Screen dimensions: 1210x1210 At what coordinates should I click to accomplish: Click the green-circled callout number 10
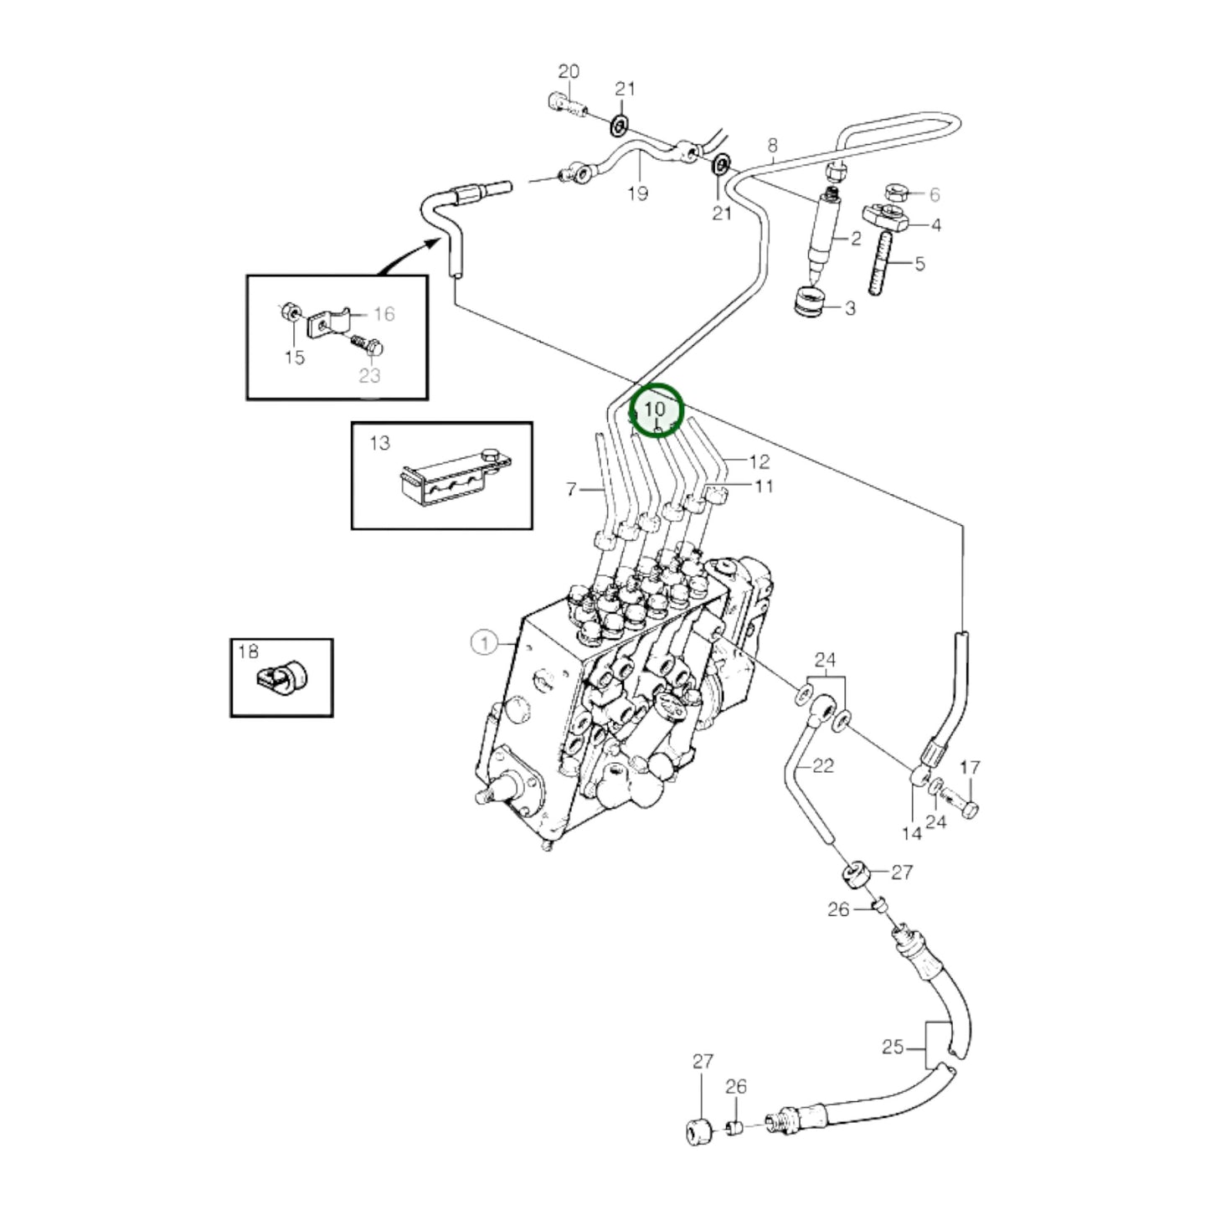pyautogui.click(x=656, y=409)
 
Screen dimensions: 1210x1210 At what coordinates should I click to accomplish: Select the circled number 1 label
pyautogui.click(x=483, y=643)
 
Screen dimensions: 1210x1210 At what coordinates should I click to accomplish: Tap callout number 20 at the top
pyautogui.click(x=569, y=72)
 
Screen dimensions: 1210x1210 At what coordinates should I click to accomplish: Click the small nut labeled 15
pyautogui.click(x=285, y=313)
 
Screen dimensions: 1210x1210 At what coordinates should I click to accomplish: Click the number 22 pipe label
pyautogui.click(x=823, y=766)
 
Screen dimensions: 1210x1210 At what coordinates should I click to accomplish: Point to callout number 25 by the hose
pyautogui.click(x=893, y=1047)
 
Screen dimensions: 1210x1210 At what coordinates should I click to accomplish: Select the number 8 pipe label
pyautogui.click(x=772, y=147)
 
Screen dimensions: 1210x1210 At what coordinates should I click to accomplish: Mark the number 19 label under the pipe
pyautogui.click(x=638, y=194)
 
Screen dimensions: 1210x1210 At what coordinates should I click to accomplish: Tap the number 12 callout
pyautogui.click(x=759, y=461)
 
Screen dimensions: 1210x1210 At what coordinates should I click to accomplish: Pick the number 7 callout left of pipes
pyautogui.click(x=572, y=488)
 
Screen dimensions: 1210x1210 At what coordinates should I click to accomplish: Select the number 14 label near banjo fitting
pyautogui.click(x=911, y=833)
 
